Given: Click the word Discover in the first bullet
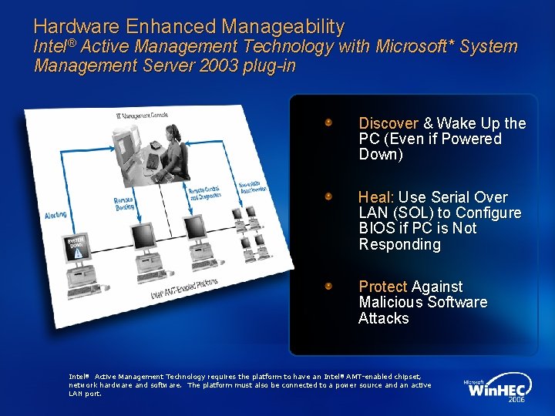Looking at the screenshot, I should click(x=388, y=123).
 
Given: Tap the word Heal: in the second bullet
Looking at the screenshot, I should click(x=376, y=197).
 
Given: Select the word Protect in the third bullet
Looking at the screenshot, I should click(x=383, y=287).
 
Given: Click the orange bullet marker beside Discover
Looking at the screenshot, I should click(x=328, y=122).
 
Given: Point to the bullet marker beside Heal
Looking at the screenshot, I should click(x=328, y=196).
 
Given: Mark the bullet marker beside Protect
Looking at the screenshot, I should click(x=328, y=286).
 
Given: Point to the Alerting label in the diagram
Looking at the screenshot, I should click(x=55, y=214).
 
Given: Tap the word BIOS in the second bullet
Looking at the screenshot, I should click(x=376, y=229).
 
